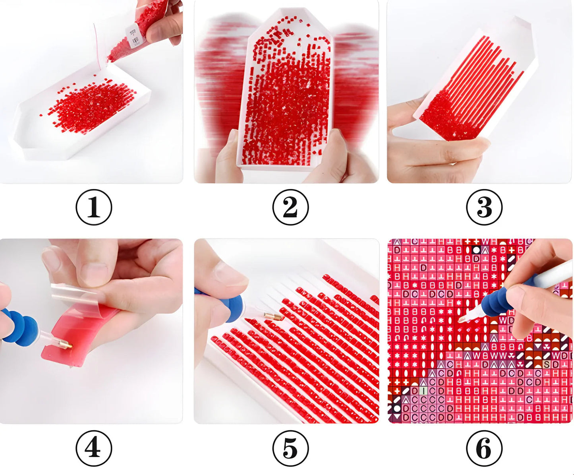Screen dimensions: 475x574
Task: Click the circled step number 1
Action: [94, 207]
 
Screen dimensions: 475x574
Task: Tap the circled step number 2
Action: [290, 207]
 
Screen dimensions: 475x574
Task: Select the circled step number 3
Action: [484, 207]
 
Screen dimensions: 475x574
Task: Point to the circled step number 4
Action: [94, 448]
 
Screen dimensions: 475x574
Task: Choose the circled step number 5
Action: [290, 448]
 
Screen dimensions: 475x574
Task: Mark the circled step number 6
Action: [484, 448]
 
